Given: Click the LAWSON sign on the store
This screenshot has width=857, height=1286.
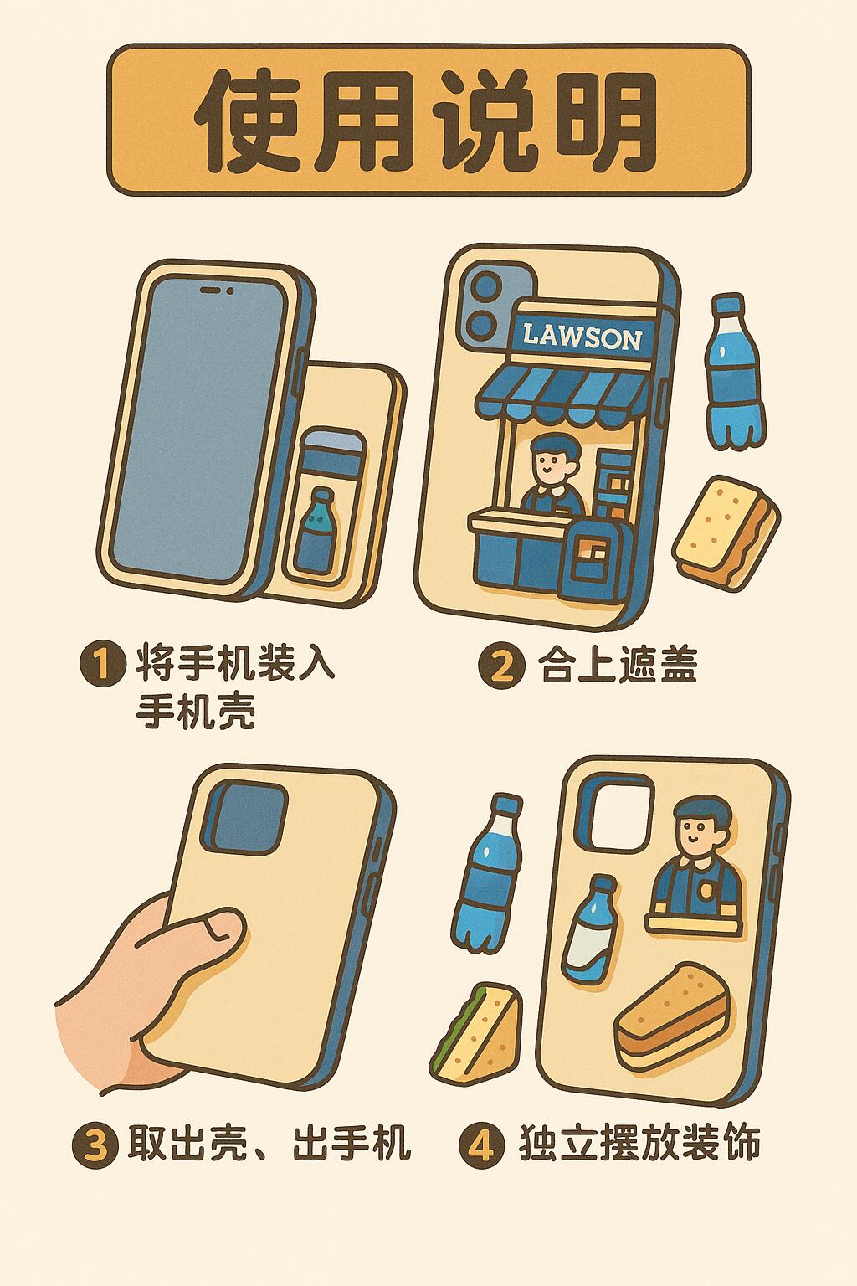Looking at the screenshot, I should click(x=582, y=337).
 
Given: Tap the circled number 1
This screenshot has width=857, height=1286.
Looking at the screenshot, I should click(x=101, y=665).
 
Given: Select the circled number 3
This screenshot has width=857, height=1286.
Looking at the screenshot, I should click(x=95, y=1145).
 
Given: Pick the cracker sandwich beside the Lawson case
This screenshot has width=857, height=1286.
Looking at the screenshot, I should click(x=726, y=532).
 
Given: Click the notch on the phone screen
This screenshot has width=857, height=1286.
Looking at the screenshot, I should click(x=217, y=291).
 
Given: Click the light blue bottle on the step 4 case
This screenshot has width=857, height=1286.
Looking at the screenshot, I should click(x=589, y=929).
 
